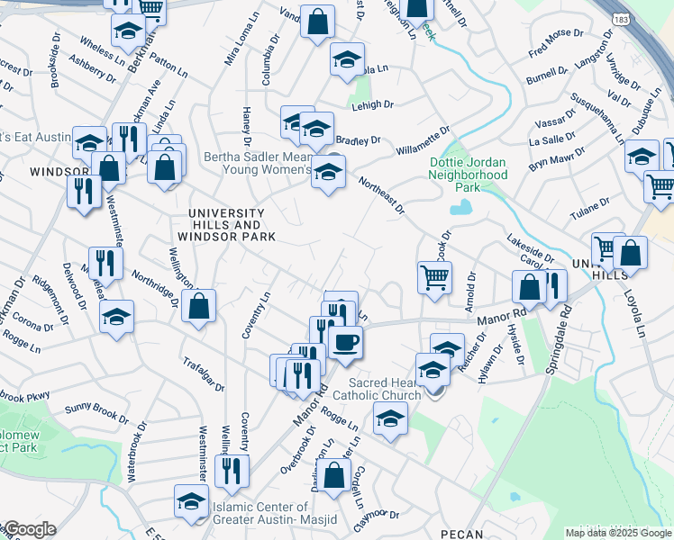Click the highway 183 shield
[x=621, y=19]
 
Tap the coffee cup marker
[x=345, y=341]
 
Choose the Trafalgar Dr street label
[x=205, y=371]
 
